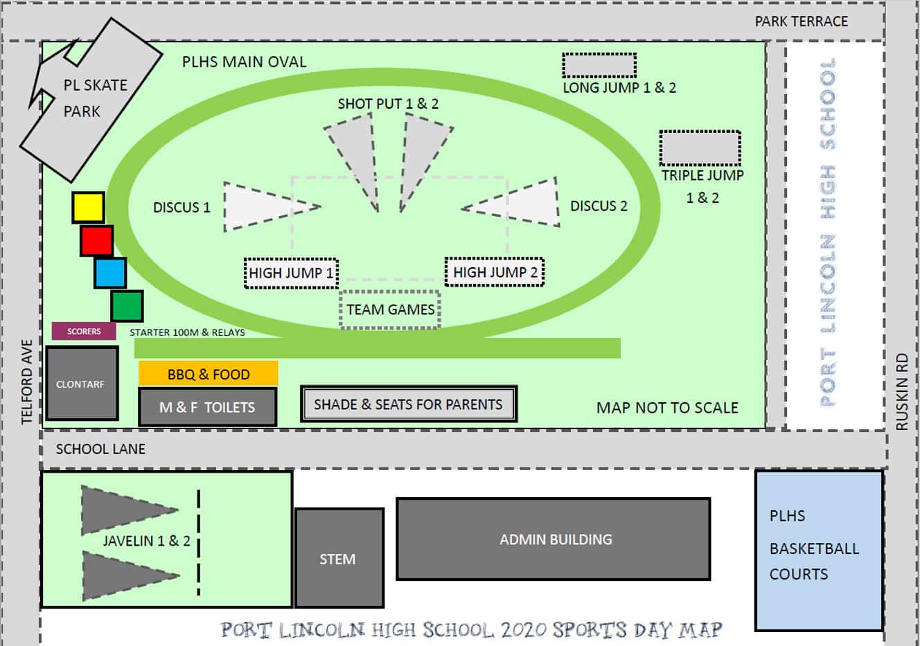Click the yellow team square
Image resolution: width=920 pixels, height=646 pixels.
coord(88,208)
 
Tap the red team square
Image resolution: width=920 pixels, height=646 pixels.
coord(96,241)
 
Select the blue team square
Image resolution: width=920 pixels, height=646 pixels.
coord(110,273)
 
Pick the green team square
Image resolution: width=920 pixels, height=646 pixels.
coord(127,306)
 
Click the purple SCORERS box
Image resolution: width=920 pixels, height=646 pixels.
coord(84,331)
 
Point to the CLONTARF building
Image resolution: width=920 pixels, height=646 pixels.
coord(81,384)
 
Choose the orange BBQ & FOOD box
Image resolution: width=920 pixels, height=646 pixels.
coord(208,374)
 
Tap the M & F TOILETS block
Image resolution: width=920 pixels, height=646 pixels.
coord(207,407)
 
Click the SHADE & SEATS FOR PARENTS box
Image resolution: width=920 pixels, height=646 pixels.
coord(408,404)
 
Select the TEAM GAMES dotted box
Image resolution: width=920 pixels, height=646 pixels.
coord(391,309)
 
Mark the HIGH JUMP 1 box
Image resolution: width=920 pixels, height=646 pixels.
coord(291,273)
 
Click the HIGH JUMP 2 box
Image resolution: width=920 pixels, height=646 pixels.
coord(495,272)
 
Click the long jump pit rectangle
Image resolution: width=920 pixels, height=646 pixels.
coord(599,66)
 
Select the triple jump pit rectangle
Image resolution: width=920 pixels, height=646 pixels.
coord(700,147)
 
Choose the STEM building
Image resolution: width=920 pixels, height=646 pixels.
coord(339,558)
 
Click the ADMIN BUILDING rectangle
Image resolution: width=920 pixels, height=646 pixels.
coord(553,539)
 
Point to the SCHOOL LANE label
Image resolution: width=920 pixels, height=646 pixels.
coord(100,449)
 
